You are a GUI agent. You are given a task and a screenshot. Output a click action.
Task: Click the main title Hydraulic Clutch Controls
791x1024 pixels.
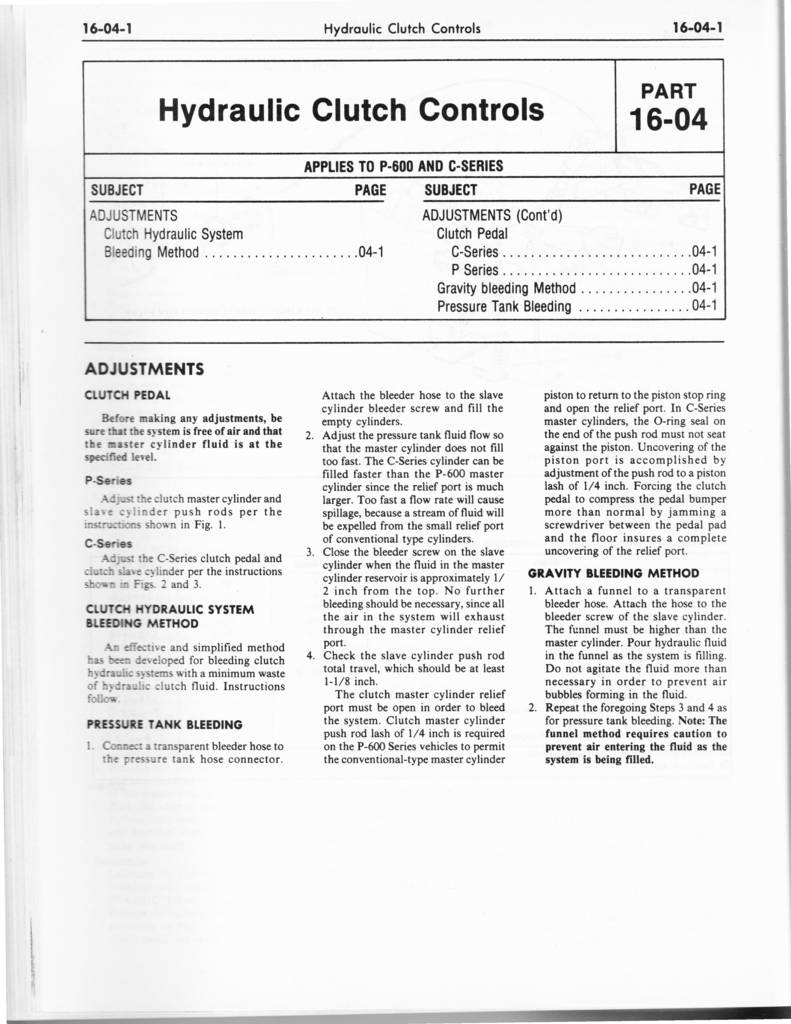pyautogui.click(x=351, y=109)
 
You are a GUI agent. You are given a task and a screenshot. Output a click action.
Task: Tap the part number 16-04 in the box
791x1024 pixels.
pyautogui.click(x=667, y=120)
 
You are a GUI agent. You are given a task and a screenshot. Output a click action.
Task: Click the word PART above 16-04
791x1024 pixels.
pyautogui.click(x=667, y=91)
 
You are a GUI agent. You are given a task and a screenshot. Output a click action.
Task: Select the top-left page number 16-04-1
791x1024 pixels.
pyautogui.click(x=111, y=28)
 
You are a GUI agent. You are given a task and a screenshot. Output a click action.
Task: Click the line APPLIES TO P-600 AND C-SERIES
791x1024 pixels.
pyautogui.click(x=403, y=166)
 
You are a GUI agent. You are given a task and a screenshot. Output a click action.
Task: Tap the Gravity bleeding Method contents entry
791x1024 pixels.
pyautogui.click(x=506, y=289)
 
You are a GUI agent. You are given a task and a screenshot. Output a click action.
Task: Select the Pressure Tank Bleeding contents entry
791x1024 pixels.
pyautogui.click(x=504, y=307)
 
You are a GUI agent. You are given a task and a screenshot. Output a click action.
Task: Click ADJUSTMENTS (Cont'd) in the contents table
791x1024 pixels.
pyautogui.click(x=493, y=215)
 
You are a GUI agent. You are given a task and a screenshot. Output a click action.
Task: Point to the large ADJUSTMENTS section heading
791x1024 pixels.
pyautogui.click(x=145, y=368)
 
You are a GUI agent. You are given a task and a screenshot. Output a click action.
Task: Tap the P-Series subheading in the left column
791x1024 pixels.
pyautogui.click(x=109, y=480)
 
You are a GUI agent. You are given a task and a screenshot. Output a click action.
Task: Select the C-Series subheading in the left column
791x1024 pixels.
pyautogui.click(x=109, y=543)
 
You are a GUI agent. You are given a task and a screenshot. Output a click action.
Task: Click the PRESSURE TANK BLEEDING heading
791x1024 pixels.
pyautogui.click(x=164, y=723)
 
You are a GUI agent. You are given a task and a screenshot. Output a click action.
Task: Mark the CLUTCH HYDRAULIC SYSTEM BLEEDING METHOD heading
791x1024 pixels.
pyautogui.click(x=170, y=615)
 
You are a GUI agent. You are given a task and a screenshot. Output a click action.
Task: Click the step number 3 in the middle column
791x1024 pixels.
pyautogui.click(x=310, y=552)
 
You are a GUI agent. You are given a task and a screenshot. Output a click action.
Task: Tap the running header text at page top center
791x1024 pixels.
pyautogui.click(x=403, y=28)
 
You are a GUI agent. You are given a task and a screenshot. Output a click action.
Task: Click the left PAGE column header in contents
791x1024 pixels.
pyautogui.click(x=370, y=190)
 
